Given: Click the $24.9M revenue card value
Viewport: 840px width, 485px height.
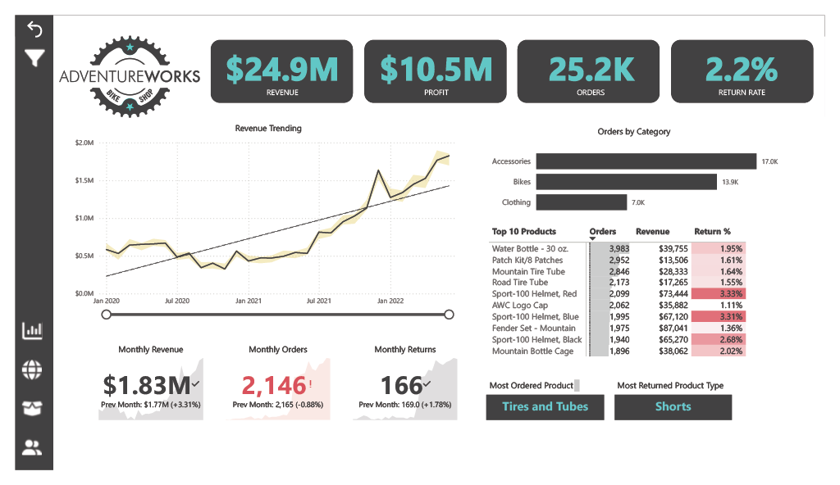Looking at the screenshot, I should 281,69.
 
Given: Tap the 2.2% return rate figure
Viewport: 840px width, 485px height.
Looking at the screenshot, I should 742,69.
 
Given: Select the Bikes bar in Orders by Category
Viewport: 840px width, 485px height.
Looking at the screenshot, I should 627,182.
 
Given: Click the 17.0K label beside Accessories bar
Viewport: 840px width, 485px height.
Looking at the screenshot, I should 769,162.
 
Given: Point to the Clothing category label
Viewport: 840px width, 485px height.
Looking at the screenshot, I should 516,202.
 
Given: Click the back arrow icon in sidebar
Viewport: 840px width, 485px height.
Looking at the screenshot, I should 34,29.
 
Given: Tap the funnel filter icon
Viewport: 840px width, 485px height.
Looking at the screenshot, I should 34,59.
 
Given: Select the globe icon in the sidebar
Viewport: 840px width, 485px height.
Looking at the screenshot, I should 33,369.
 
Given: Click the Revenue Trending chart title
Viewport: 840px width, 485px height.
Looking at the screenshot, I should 267,129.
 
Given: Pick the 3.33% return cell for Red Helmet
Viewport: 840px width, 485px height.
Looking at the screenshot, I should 719,294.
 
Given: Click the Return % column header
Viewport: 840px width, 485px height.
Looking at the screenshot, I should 712,232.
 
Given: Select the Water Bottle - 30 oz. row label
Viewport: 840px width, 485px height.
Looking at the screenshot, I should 530,248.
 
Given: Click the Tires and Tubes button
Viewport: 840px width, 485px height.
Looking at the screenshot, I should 545,407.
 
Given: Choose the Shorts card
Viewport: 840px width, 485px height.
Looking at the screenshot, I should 673,407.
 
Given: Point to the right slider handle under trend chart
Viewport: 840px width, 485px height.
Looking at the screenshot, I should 449,315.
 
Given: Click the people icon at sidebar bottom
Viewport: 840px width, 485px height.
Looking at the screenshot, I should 33,447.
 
